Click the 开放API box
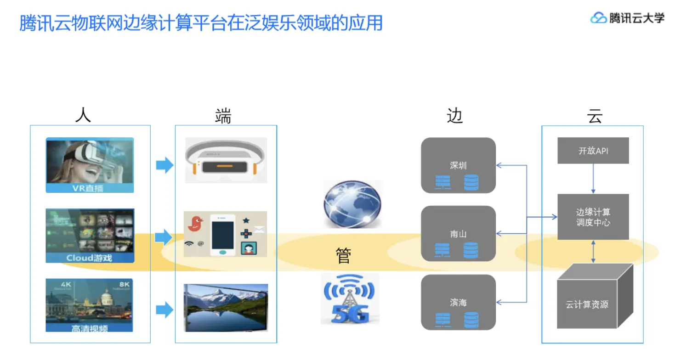[593, 150]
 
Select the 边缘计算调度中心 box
[593, 217]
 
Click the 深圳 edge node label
[458, 166]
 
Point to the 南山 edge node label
[458, 234]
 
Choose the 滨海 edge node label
[458, 302]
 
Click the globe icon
[352, 204]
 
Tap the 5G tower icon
[350, 298]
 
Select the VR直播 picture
[90, 165]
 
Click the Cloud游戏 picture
[90, 236]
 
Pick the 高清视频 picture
[90, 305]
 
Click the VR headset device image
[226, 161]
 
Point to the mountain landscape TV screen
[226, 307]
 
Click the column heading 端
[223, 116]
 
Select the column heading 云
[594, 116]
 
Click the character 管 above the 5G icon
[343, 256]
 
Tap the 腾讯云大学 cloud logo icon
[598, 18]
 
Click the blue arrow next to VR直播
[164, 165]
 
